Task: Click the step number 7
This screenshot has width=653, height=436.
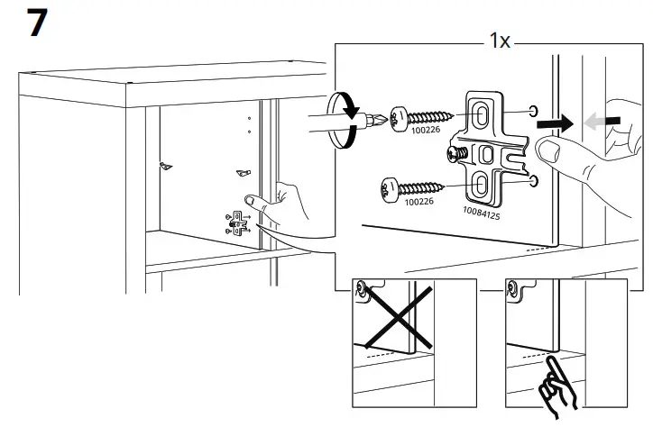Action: tap(37, 23)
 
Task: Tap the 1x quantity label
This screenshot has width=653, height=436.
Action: tap(500, 41)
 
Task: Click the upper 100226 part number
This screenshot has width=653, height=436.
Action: tap(426, 130)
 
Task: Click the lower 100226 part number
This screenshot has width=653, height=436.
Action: tap(419, 202)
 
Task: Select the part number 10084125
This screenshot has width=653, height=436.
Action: tap(482, 213)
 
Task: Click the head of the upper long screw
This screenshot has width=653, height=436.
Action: tap(399, 119)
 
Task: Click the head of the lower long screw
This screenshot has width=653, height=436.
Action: tap(390, 191)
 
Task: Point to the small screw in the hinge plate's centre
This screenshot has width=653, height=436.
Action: tap(457, 154)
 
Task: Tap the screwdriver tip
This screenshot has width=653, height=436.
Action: tap(381, 120)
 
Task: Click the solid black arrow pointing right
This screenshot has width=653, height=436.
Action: tap(555, 123)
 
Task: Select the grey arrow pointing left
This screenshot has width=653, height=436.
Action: tap(602, 122)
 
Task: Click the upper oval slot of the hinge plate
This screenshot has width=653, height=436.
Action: tap(482, 114)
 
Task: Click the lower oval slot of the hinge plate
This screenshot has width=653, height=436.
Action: tap(481, 185)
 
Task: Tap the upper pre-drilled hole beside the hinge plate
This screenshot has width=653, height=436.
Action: tap(533, 111)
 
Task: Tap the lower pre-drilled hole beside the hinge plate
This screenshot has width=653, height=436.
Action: tap(534, 180)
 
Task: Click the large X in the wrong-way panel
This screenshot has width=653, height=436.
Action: tap(399, 317)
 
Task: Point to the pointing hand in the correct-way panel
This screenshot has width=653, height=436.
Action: tap(558, 383)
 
